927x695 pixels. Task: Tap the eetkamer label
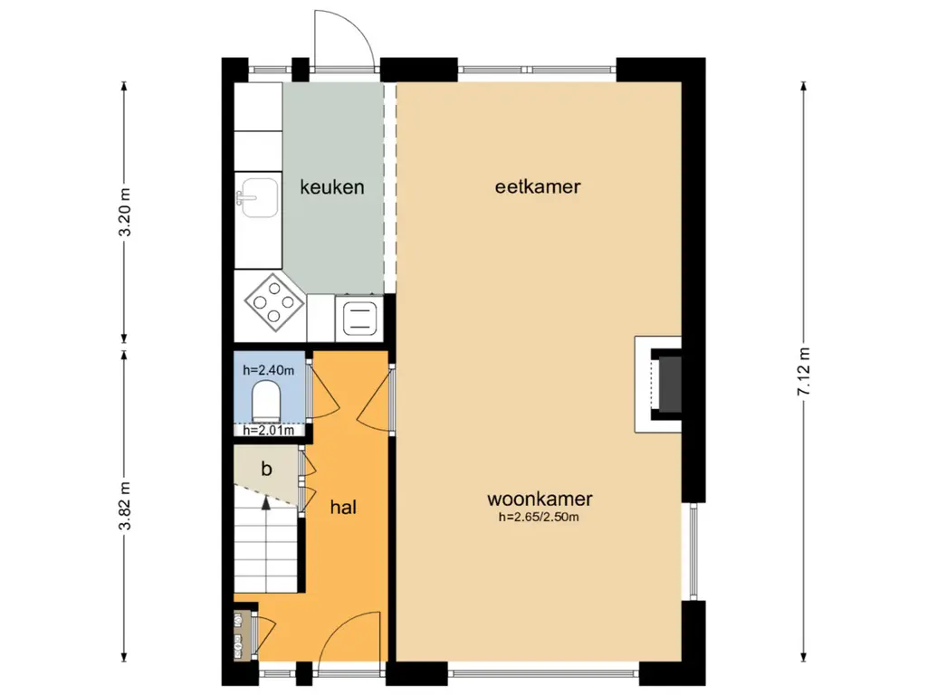coord(538,186)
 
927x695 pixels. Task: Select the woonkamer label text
coord(540,499)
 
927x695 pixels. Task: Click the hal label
coord(343,507)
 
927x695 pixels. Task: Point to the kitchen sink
coord(258,197)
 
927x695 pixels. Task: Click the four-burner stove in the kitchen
coord(273,302)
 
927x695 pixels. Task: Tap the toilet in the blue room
coord(266,401)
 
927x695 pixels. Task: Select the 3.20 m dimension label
coord(125,212)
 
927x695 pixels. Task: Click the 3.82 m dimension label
coord(125,507)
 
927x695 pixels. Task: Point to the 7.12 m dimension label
coord(804,372)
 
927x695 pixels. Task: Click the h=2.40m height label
coord(268,370)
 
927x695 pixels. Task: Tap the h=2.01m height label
coord(268,430)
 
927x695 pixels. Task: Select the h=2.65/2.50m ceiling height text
coord(540,518)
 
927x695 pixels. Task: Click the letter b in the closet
coord(267,469)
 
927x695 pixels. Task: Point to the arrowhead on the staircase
coord(266,503)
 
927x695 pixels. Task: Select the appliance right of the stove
coord(358,318)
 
